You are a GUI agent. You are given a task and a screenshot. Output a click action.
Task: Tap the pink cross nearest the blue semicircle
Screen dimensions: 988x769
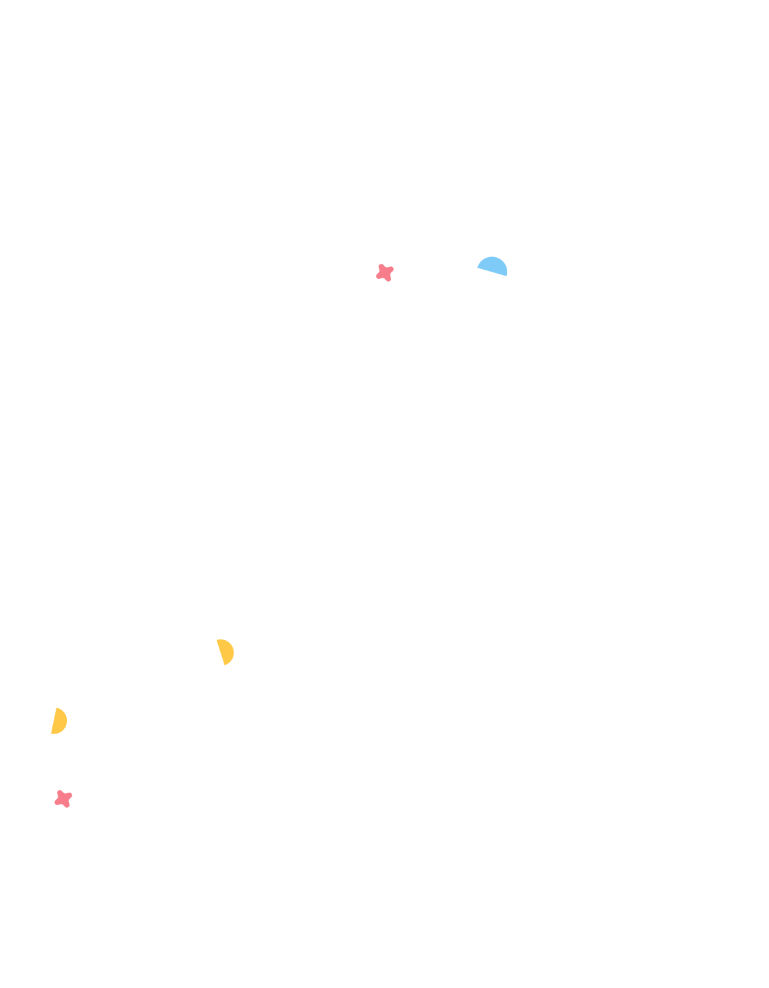pyautogui.click(x=384, y=272)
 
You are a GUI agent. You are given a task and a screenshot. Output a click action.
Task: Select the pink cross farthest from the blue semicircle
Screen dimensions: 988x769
pyautogui.click(x=63, y=798)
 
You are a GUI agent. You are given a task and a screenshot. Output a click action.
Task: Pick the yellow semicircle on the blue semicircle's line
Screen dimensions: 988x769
pyautogui.click(x=226, y=651)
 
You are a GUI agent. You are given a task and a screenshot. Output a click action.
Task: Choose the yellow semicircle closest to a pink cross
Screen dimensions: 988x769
pyautogui.click(x=59, y=721)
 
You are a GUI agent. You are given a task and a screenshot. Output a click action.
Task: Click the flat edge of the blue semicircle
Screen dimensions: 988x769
pyautogui.click(x=492, y=271)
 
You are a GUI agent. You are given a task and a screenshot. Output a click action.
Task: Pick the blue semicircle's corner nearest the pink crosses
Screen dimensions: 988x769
pyautogui.click(x=478, y=267)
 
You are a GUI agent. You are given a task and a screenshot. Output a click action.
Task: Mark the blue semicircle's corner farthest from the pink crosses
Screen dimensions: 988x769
pyautogui.click(x=507, y=275)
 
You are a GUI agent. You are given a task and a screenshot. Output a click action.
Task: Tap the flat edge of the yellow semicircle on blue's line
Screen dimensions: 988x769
pyautogui.click(x=221, y=652)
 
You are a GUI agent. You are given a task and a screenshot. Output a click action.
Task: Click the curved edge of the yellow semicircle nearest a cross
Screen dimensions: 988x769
pyautogui.click(x=66, y=721)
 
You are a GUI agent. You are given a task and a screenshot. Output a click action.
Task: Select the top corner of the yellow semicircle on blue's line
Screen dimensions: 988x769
pyautogui.click(x=217, y=640)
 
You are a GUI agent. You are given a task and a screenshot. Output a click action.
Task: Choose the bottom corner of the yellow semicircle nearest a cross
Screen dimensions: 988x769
pyautogui.click(x=52, y=734)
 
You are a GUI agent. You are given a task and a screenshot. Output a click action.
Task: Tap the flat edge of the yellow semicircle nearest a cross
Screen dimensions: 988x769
pyautogui.click(x=54, y=721)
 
